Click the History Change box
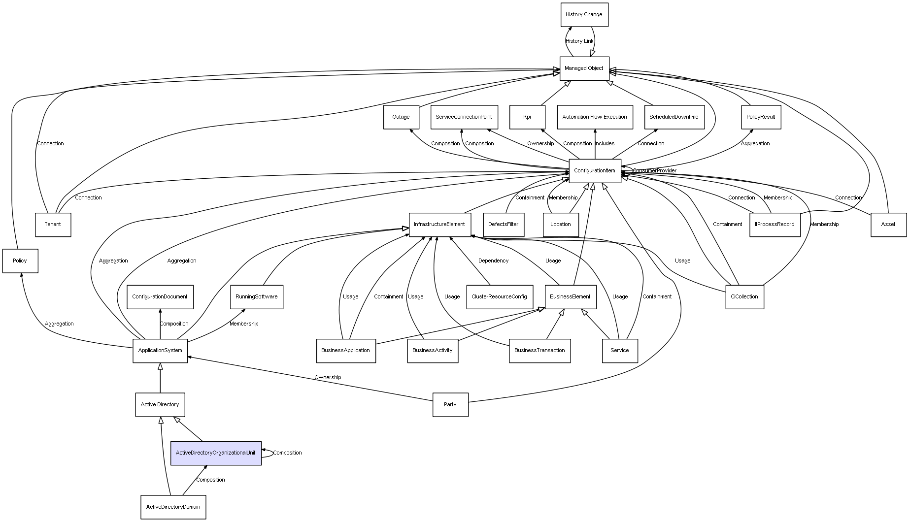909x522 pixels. tap(584, 15)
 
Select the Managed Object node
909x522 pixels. tap(584, 68)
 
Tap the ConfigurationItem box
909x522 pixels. tap(595, 171)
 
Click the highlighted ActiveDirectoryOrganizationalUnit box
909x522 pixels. tap(216, 453)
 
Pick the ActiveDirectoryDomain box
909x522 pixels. tap(173, 507)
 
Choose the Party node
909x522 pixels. tap(450, 405)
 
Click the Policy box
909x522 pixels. tap(20, 261)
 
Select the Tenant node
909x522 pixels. tap(53, 225)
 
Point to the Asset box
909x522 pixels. tap(888, 225)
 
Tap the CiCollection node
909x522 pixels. tap(744, 297)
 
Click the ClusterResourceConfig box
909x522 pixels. tap(499, 297)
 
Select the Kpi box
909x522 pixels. tap(527, 117)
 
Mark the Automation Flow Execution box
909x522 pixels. tap(595, 117)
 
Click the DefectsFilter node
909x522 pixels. tap(504, 225)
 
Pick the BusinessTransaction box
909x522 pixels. tap(539, 351)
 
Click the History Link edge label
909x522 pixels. tap(580, 41)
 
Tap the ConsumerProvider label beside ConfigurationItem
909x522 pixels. tap(655, 171)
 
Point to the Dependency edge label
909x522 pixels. tap(493, 261)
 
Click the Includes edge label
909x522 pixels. tap(605, 144)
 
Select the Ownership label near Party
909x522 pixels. tap(328, 378)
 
